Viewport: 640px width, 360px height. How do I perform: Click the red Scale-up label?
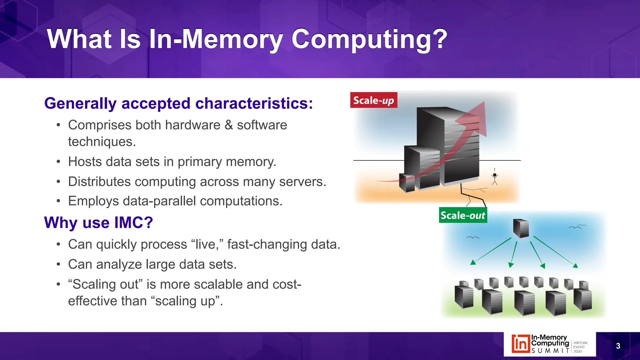373,100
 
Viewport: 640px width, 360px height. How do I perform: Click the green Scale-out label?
463,215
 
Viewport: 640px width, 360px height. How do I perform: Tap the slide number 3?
618,346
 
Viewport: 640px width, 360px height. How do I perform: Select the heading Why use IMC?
98,222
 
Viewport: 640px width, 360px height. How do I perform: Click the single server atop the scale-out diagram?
521,228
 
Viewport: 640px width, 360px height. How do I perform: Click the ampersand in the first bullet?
229,125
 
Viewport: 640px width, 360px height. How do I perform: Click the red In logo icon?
521,344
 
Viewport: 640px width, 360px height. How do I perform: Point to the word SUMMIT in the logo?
550,351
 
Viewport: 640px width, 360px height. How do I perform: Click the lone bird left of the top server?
472,238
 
